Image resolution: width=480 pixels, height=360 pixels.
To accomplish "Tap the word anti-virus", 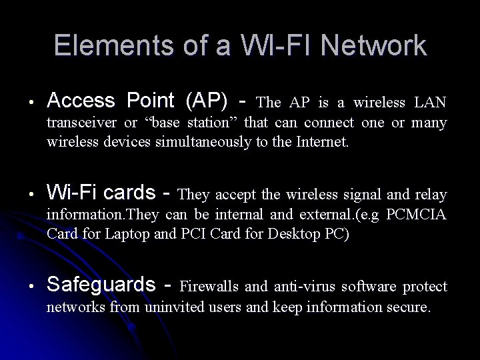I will (305, 287).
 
